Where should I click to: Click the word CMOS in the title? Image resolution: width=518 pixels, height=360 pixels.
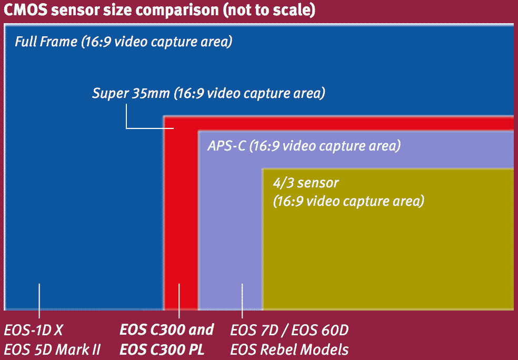click(x=26, y=10)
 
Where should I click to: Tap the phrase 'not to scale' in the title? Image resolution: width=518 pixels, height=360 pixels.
click(x=269, y=11)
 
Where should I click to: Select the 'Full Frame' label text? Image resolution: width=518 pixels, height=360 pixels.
click(x=46, y=42)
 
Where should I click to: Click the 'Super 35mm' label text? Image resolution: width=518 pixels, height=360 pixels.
click(x=131, y=93)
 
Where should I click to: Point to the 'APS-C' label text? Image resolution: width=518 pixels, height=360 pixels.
click(x=226, y=146)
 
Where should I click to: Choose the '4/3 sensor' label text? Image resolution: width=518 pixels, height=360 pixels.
click(x=306, y=183)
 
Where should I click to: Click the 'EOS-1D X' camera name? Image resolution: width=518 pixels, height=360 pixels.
click(x=33, y=330)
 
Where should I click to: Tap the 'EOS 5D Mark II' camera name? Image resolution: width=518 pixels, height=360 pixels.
click(x=52, y=349)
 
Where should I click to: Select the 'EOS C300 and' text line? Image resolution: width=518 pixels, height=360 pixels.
click(x=166, y=330)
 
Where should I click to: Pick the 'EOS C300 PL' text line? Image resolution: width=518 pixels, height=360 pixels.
click(x=162, y=349)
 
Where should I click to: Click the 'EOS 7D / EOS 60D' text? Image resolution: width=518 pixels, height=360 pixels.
click(x=290, y=330)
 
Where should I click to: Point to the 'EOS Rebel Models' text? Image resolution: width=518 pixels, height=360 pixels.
click(x=290, y=349)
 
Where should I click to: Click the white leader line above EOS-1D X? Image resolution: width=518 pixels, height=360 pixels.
click(x=39, y=301)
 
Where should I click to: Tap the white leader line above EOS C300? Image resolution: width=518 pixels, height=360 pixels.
click(x=179, y=301)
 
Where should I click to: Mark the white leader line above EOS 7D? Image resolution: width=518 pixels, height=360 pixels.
click(x=242, y=301)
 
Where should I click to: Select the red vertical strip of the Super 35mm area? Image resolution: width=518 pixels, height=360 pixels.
click(x=181, y=218)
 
